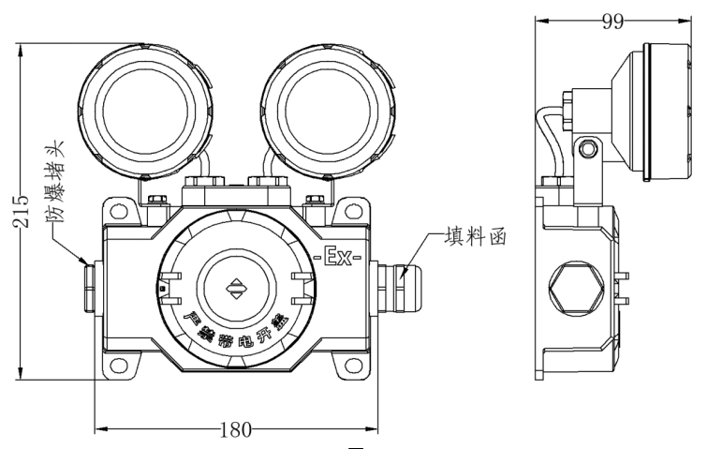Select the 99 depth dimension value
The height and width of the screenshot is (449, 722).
point(612,22)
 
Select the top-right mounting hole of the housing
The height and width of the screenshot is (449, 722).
point(357,211)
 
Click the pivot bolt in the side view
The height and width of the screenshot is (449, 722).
point(588,147)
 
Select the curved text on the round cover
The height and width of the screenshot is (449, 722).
point(236,329)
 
